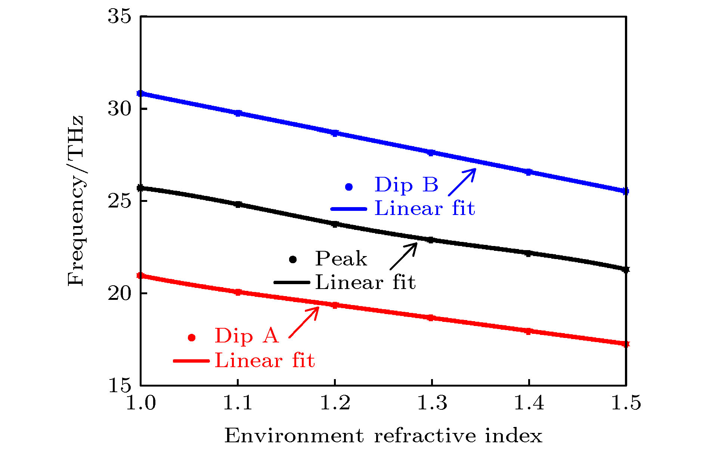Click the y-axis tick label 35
click(120, 16)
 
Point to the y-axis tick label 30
click(120, 109)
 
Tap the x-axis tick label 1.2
click(335, 403)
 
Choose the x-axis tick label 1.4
click(529, 403)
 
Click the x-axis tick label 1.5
click(626, 403)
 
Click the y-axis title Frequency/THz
click(76, 201)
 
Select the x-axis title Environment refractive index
click(383, 436)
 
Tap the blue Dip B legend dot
click(349, 187)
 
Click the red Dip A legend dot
click(192, 338)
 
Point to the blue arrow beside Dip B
click(462, 182)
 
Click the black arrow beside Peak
click(403, 256)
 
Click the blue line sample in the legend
click(349, 209)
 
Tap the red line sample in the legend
click(191, 361)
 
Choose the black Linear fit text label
click(365, 282)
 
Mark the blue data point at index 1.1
click(238, 113)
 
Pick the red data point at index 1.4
click(528, 331)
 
